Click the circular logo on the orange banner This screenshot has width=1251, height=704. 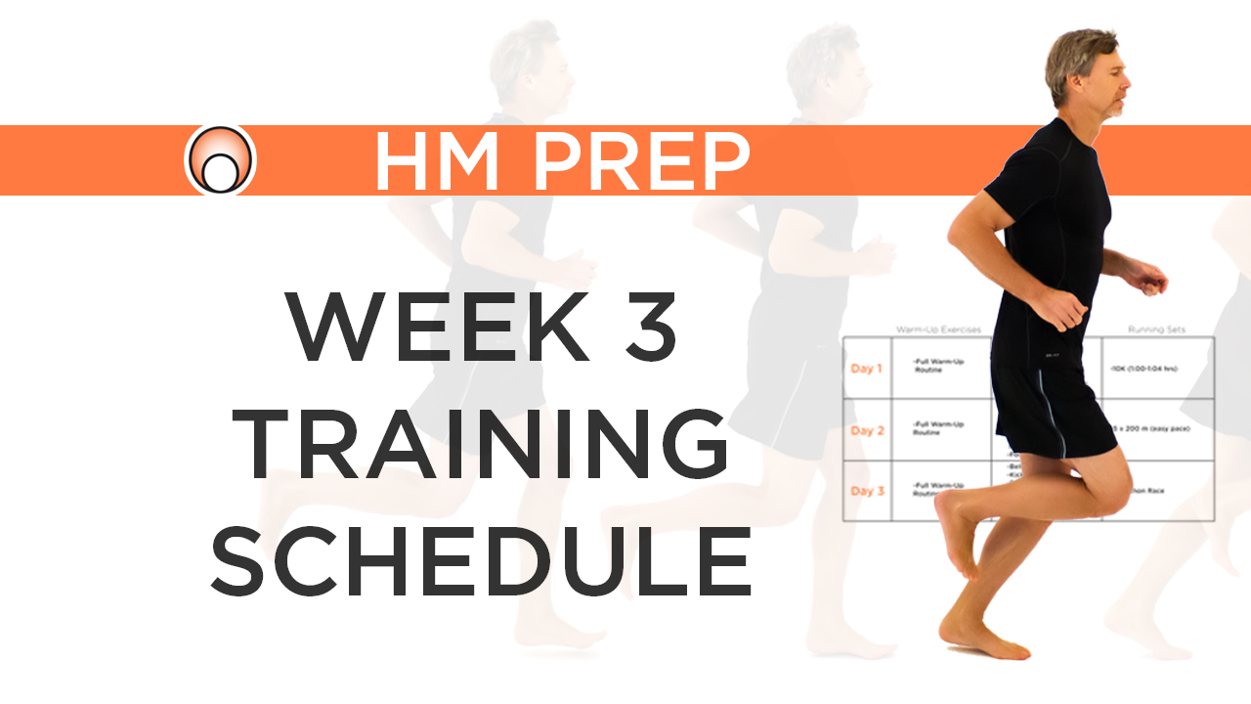220,159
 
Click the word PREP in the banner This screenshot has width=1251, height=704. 642,160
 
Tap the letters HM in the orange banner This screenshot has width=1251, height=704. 444,160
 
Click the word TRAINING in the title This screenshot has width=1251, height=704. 484,442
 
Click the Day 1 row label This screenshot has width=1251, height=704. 866,369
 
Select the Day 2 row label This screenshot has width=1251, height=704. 866,430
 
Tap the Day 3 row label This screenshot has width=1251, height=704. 866,491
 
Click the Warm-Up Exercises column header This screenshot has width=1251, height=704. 938,330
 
